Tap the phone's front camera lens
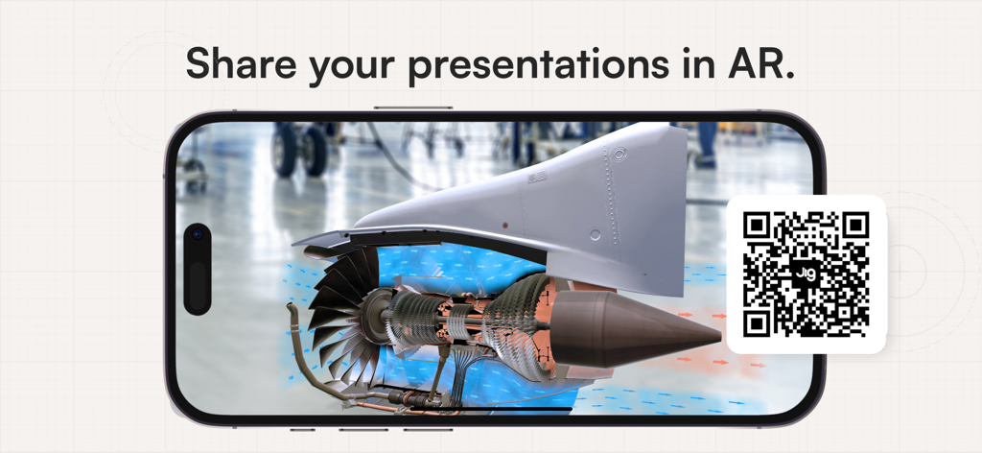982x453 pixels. click(198, 233)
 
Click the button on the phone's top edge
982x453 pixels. click(412, 107)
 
